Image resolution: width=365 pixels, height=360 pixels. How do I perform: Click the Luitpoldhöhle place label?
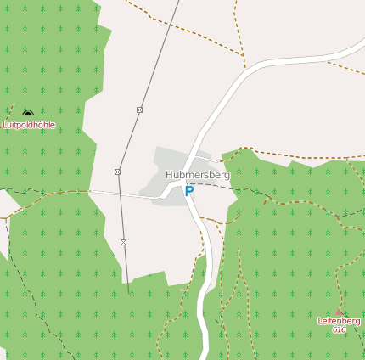pyautogui.click(x=29, y=125)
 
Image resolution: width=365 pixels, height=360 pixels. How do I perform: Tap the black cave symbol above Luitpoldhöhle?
pyautogui.click(x=28, y=112)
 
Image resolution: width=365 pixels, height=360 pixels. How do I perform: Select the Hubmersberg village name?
pyautogui.click(x=198, y=175)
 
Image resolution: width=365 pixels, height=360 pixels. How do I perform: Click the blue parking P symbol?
pyautogui.click(x=189, y=192)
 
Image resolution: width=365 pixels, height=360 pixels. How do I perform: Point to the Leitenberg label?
pyautogui.click(x=339, y=321)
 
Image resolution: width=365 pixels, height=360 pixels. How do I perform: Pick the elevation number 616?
pyautogui.click(x=340, y=329)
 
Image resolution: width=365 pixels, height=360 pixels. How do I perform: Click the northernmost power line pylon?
pyautogui.click(x=139, y=110)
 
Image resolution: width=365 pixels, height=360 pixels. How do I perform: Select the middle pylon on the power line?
pyautogui.click(x=118, y=172)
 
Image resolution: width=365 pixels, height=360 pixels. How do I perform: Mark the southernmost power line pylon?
pyautogui.click(x=124, y=243)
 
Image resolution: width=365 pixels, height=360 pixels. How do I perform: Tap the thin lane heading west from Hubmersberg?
pyautogui.click(x=127, y=194)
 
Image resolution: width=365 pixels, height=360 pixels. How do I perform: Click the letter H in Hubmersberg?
pyautogui.click(x=169, y=175)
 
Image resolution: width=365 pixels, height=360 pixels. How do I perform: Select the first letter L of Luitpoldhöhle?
pyautogui.click(x=5, y=125)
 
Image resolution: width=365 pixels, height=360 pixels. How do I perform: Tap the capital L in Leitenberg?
pyautogui.click(x=320, y=321)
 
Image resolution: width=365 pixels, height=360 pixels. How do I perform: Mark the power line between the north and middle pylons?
pyautogui.click(x=129, y=140)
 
